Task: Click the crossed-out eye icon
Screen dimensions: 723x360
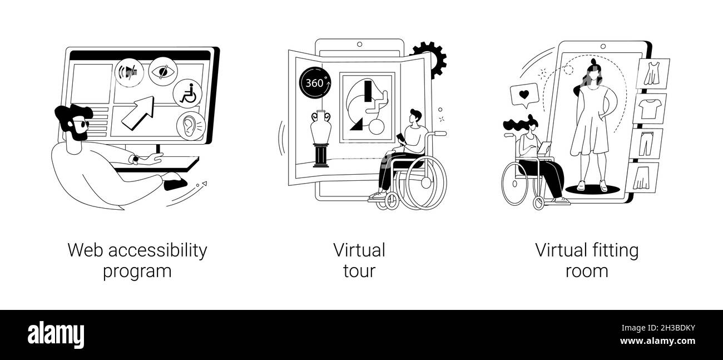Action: [x=163, y=71]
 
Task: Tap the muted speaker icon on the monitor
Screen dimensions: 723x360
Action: [x=129, y=72]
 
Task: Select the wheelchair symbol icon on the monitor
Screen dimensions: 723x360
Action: [x=187, y=93]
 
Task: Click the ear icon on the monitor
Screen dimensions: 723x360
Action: [x=191, y=126]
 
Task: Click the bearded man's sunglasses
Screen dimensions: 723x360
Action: [x=81, y=124]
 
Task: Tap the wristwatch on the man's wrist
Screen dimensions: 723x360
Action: [x=136, y=159]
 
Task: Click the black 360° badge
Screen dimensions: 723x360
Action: [x=315, y=83]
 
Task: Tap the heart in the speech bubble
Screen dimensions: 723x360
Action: [x=524, y=95]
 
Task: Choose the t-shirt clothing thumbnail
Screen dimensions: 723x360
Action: [x=650, y=109]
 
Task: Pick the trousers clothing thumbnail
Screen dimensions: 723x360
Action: [x=646, y=144]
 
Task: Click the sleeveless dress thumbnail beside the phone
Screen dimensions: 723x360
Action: [x=652, y=73]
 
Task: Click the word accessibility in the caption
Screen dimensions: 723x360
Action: [x=157, y=251]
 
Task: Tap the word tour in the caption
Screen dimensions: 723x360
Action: [x=359, y=271]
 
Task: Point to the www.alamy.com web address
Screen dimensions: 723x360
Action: [x=657, y=341]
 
